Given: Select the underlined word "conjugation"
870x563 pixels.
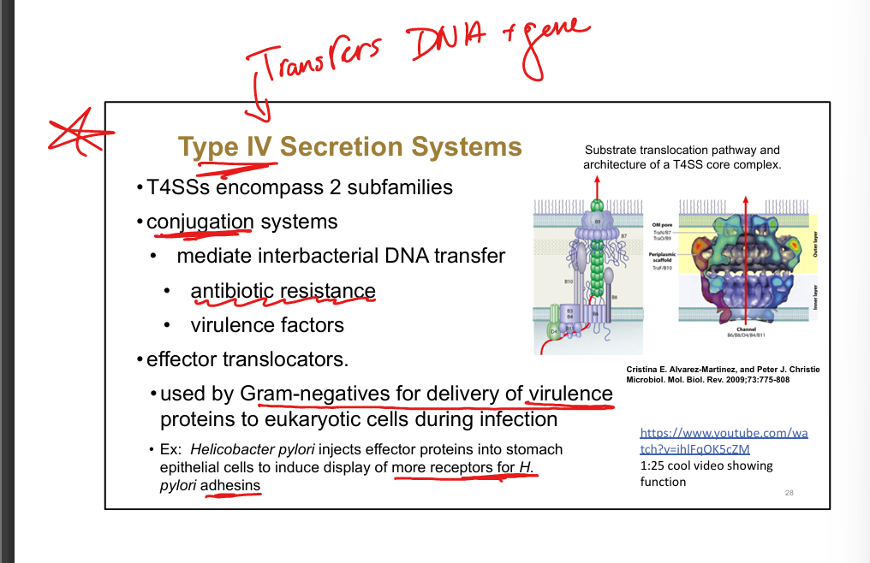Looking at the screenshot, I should [x=200, y=222].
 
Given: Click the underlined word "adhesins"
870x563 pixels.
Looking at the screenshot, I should [x=230, y=485].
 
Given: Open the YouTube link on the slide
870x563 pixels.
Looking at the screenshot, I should [x=724, y=441].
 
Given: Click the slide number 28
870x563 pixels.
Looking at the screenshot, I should [x=789, y=493].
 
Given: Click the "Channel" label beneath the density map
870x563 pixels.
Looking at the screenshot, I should [x=746, y=328].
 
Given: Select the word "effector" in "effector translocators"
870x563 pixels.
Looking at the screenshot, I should [x=179, y=359].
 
